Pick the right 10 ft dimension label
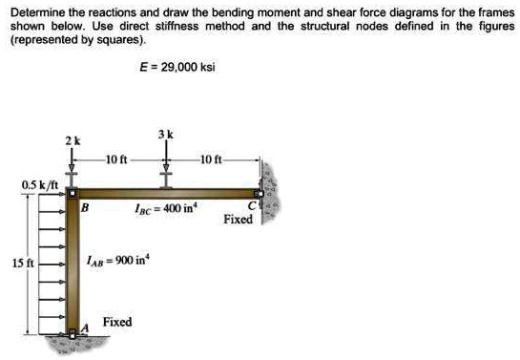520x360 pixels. (212, 155)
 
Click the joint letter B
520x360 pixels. (85, 206)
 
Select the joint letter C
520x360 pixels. (253, 204)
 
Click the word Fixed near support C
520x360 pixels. (238, 220)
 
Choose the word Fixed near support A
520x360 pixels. (117, 323)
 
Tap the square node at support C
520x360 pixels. (261, 194)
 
